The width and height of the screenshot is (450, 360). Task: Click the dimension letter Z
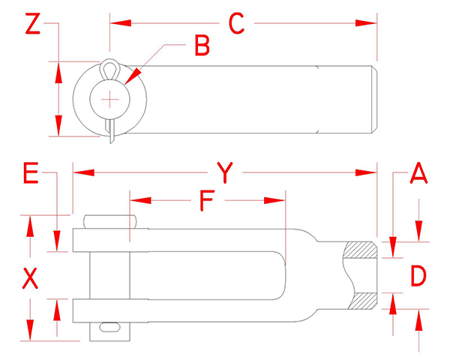click(31, 24)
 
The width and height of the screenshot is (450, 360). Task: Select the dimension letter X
click(30, 279)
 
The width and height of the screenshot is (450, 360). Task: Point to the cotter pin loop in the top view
click(111, 69)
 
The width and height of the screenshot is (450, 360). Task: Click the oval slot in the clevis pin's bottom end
click(109, 327)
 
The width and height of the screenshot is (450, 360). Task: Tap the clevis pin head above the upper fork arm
click(111, 221)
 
